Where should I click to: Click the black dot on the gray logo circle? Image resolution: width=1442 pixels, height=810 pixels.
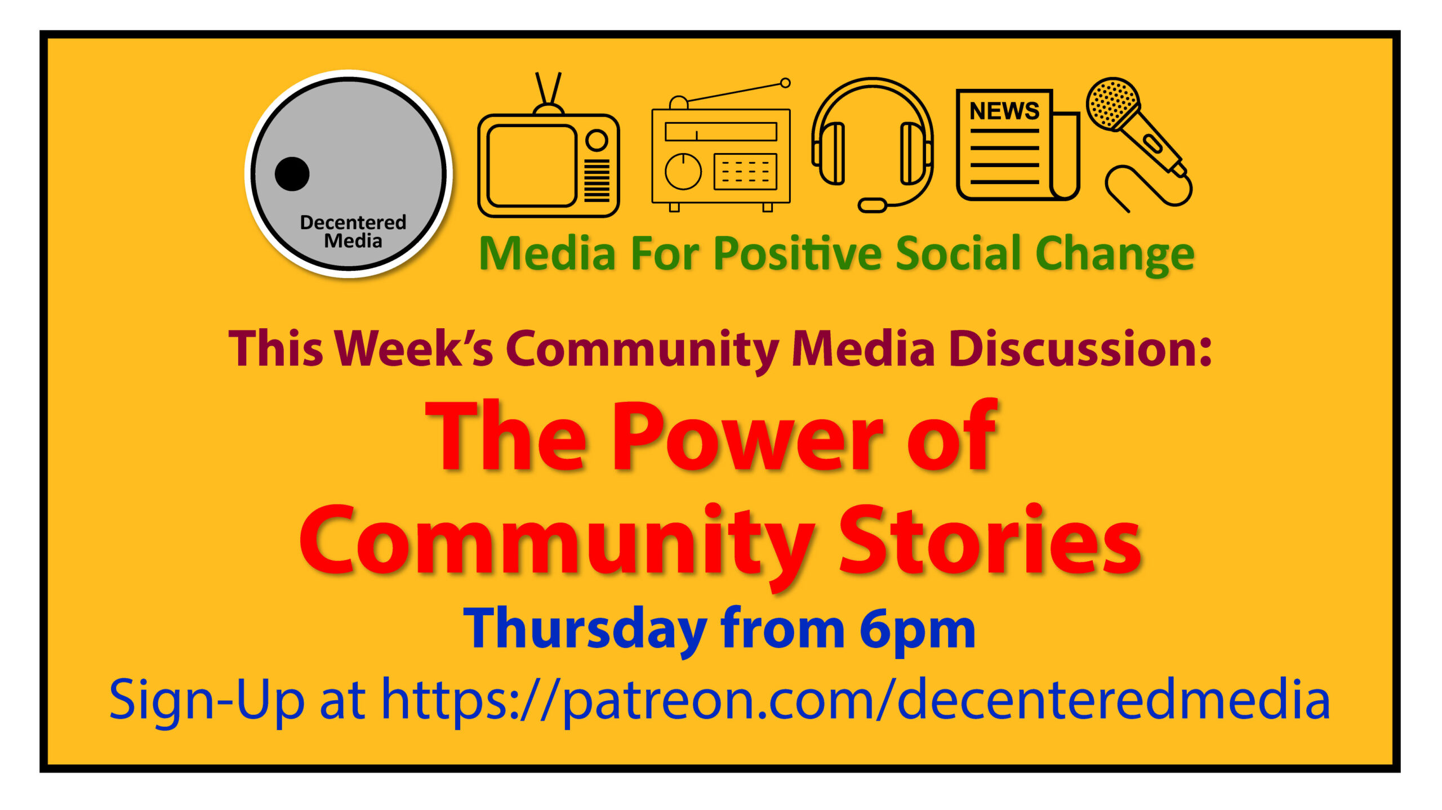tap(292, 173)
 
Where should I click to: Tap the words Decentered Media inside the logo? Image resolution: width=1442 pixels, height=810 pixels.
tap(353, 231)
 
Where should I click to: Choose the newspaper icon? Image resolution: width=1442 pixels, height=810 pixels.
tap(1017, 145)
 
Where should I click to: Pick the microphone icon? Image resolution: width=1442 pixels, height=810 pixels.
tap(1138, 144)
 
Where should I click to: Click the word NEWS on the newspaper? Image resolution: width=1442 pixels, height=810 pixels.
tap(1004, 111)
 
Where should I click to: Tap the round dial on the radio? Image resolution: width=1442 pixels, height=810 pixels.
tap(683, 172)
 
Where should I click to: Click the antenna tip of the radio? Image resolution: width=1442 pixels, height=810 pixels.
tap(785, 83)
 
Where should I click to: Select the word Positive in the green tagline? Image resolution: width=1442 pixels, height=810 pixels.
tap(797, 254)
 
